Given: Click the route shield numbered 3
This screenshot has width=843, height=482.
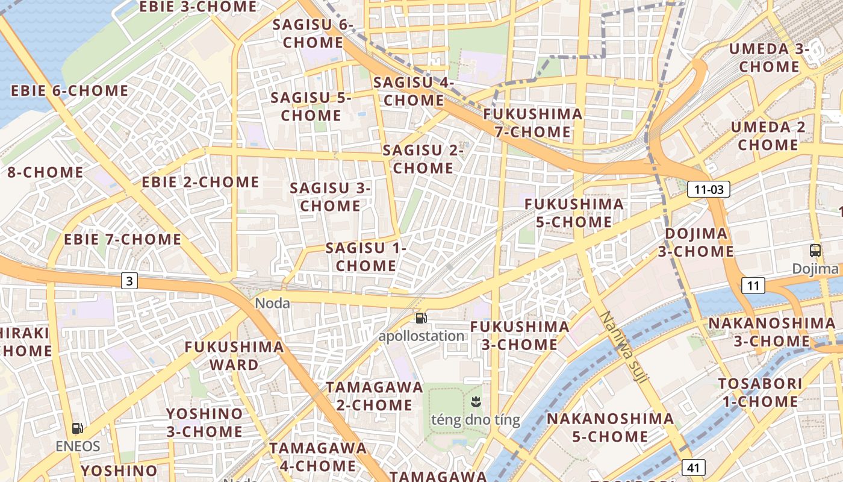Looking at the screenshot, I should [x=129, y=280].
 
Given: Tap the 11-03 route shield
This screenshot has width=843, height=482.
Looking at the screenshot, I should [x=708, y=189].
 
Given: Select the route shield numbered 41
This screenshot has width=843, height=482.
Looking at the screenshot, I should [x=694, y=467].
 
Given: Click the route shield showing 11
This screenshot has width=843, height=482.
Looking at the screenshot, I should [x=753, y=285].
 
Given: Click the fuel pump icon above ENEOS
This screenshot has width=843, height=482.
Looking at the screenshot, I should [x=78, y=428].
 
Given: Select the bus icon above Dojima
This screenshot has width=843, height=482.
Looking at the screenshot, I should [x=815, y=251].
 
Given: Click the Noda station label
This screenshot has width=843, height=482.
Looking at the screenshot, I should [x=272, y=303].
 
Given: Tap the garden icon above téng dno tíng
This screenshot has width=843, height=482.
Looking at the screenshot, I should [x=476, y=401].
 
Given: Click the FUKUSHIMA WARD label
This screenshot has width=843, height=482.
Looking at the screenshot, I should [x=234, y=355].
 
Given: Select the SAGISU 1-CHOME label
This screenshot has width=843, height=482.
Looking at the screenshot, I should [x=366, y=257].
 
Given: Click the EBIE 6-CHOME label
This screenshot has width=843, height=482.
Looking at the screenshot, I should [x=70, y=91].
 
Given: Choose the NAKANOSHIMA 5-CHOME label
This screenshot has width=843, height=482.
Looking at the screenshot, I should [x=610, y=427].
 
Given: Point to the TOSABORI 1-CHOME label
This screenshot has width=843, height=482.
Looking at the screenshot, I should [x=760, y=392].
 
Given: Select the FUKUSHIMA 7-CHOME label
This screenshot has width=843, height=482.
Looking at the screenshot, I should [x=533, y=123].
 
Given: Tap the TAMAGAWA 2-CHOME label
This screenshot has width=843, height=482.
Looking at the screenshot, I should [x=375, y=396].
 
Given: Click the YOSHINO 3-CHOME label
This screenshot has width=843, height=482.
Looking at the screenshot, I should [x=205, y=422].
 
